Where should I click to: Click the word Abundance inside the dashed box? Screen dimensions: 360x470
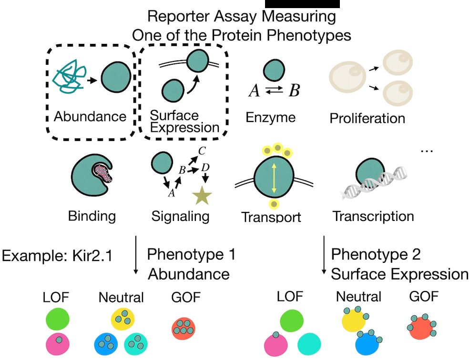click(90, 117)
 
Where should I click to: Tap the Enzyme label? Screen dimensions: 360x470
click(270, 117)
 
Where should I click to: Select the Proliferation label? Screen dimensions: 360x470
click(367, 118)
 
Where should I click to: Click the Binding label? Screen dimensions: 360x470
click(92, 216)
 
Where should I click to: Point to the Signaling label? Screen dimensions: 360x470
click(180, 216)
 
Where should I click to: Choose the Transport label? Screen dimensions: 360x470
click(271, 217)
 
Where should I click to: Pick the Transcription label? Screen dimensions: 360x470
click(373, 216)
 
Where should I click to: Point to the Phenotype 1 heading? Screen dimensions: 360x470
click(191, 254)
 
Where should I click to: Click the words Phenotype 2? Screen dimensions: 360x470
click(376, 254)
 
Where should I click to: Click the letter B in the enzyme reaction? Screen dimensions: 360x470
click(294, 90)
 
